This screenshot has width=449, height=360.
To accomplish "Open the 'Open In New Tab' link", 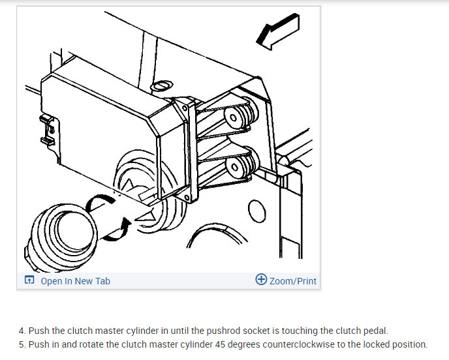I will pyautogui.click(x=75, y=281).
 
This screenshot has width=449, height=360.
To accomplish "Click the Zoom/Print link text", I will pyautogui.click(x=293, y=281).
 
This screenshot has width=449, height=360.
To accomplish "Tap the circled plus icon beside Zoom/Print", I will pyautogui.click(x=261, y=280).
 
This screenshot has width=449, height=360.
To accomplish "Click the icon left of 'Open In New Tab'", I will pyautogui.click(x=29, y=281).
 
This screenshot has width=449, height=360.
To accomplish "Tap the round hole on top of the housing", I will pyautogui.click(x=160, y=85).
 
